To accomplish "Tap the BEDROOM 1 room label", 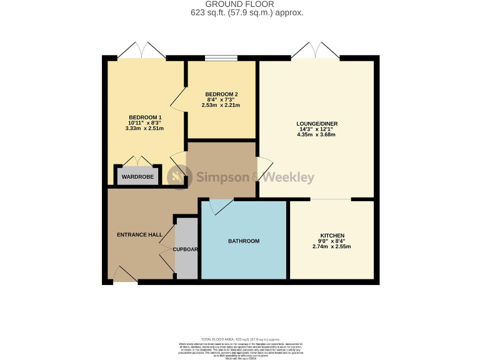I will coord(145,117).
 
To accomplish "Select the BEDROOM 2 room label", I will coord(221,95).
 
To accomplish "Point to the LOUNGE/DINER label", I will coord(317,124).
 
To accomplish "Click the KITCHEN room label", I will coord(331,236).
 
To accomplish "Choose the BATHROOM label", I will coord(244,241).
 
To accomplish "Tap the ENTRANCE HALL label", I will coord(139,235).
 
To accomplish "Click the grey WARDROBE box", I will coord(137,176).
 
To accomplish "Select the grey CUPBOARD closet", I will coord(186,249).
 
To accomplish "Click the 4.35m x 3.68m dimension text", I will coord(317,134).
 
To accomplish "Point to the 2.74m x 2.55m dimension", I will coord(331,246).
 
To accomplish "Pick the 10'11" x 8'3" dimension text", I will coord(145,123).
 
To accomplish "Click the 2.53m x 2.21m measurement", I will coord(221,106).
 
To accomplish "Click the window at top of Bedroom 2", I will coord(221,58).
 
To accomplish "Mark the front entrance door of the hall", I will coord(126,274).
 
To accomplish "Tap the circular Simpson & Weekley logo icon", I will coord(179,177).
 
